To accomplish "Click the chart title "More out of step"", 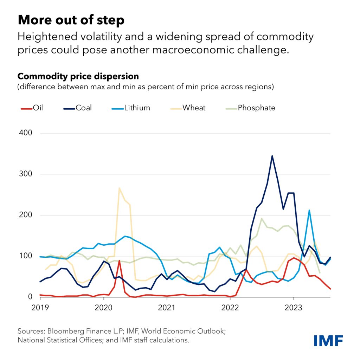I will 71,20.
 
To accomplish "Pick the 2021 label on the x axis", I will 167,308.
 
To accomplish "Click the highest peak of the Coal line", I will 272,156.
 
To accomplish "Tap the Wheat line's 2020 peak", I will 120,188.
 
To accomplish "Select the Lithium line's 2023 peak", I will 309,210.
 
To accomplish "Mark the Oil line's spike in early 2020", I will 120,261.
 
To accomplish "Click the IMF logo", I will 328,340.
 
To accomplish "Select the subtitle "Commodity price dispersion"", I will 78,76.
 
